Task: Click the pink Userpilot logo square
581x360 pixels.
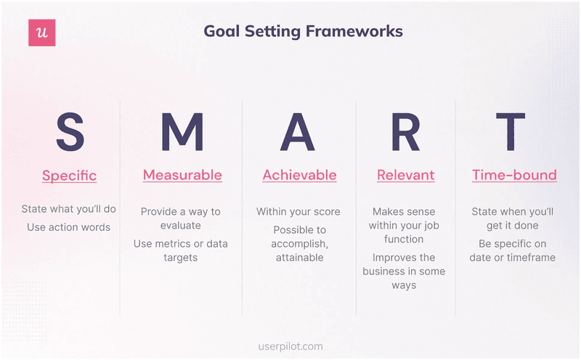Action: pyautogui.click(x=41, y=33)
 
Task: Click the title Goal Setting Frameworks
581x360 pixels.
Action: pyautogui.click(x=303, y=31)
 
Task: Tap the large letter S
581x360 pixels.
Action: pyautogui.click(x=70, y=132)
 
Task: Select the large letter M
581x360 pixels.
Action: pyautogui.click(x=182, y=132)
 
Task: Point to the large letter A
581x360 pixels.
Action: pyautogui.click(x=298, y=132)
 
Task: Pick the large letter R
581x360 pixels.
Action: pyautogui.click(x=405, y=132)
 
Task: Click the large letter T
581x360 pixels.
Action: pyautogui.click(x=514, y=132)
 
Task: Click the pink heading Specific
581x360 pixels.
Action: pyautogui.click(x=69, y=176)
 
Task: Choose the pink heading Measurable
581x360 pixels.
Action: pyautogui.click(x=182, y=175)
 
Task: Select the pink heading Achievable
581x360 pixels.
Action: pyautogui.click(x=299, y=175)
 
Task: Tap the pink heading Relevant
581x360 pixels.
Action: pyautogui.click(x=405, y=175)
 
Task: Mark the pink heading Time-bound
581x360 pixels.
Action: pyautogui.click(x=514, y=175)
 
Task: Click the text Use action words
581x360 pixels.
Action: pyautogui.click(x=69, y=227)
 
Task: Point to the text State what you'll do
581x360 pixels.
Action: pyautogui.click(x=69, y=210)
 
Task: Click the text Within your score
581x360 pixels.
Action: pyautogui.click(x=298, y=212)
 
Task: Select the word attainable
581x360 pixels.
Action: pyautogui.click(x=299, y=258)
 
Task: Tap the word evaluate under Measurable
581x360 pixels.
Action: pyautogui.click(x=181, y=226)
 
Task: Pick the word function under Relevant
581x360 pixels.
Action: pyautogui.click(x=404, y=240)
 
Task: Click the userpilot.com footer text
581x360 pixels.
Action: pyautogui.click(x=290, y=347)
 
